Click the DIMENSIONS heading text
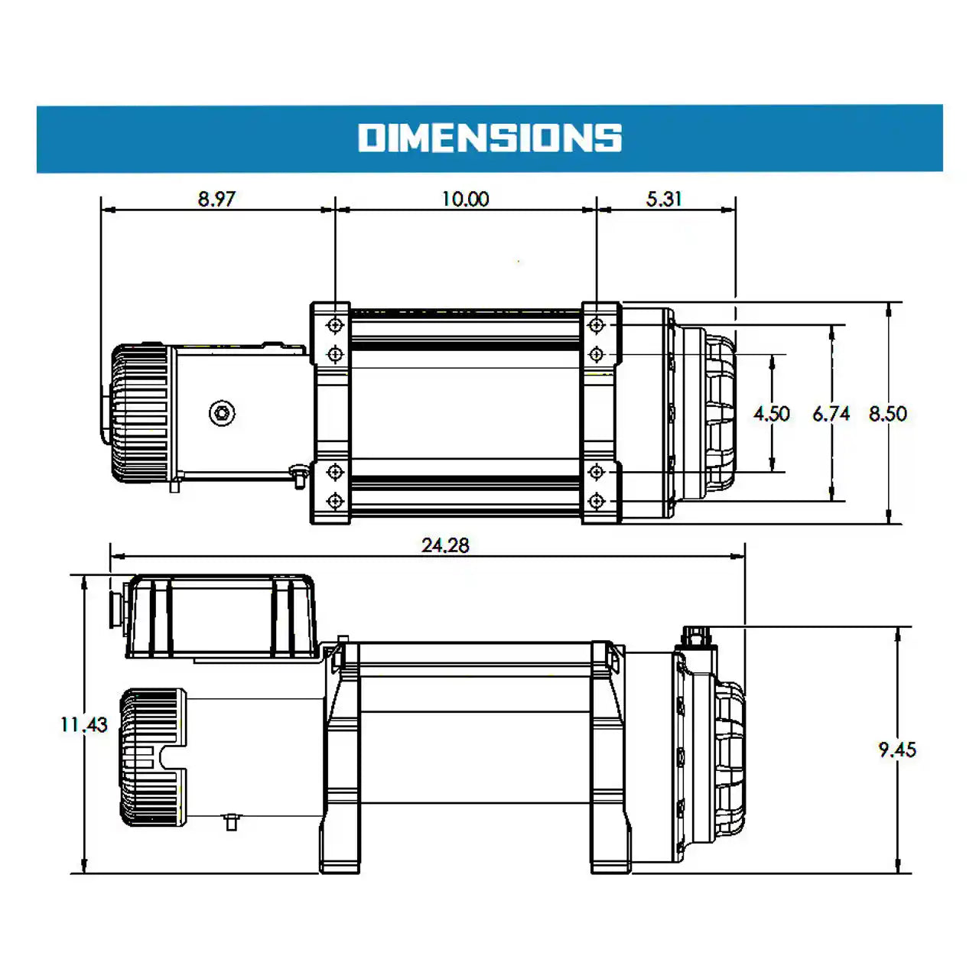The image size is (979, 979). tap(489, 138)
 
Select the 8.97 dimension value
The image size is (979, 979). tap(216, 199)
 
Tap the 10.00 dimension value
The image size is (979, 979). tap(465, 199)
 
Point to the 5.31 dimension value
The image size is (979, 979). tap(663, 199)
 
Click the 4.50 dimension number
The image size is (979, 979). tap(771, 414)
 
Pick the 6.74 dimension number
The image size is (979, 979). tap(831, 414)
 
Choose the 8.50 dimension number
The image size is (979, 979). tap(887, 414)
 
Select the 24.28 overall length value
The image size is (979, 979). tap(445, 545)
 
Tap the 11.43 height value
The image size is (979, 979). tap(84, 724)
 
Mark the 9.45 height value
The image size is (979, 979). tap(896, 750)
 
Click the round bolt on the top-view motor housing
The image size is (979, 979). tap(222, 413)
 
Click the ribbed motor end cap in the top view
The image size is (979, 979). tap(140, 413)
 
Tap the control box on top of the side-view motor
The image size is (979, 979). tap(220, 616)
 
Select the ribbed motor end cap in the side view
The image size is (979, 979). tap(151, 757)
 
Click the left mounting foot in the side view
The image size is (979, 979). tap(340, 841)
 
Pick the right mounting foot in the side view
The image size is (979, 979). tap(610, 841)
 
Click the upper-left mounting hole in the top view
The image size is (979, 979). tap(335, 326)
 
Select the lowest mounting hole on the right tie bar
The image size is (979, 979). tap(597, 501)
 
